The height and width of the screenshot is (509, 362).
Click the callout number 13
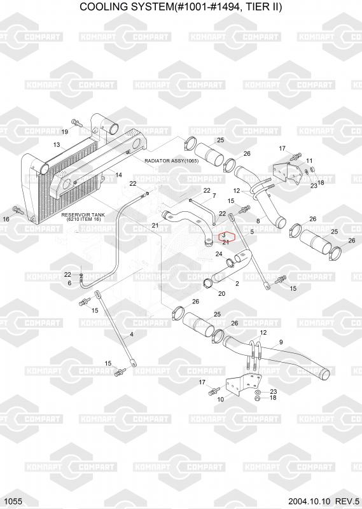(57, 144)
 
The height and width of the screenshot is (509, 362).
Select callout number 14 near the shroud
(119, 175)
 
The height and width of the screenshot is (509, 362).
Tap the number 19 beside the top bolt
(65, 132)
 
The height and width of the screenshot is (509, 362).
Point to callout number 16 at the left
(6, 219)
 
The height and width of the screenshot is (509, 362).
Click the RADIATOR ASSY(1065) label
(171, 161)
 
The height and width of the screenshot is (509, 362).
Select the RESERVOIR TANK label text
(83, 215)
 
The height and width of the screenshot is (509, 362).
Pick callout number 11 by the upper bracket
(309, 161)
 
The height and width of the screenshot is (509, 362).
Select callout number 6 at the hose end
(69, 283)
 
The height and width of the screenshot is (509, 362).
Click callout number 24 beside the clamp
(219, 254)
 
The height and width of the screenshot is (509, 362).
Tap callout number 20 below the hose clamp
(222, 294)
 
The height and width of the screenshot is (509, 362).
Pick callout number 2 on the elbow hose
(237, 283)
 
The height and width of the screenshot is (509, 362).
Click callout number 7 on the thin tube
(214, 196)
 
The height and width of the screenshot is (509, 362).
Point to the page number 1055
(13, 501)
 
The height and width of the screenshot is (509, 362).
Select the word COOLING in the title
(101, 7)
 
